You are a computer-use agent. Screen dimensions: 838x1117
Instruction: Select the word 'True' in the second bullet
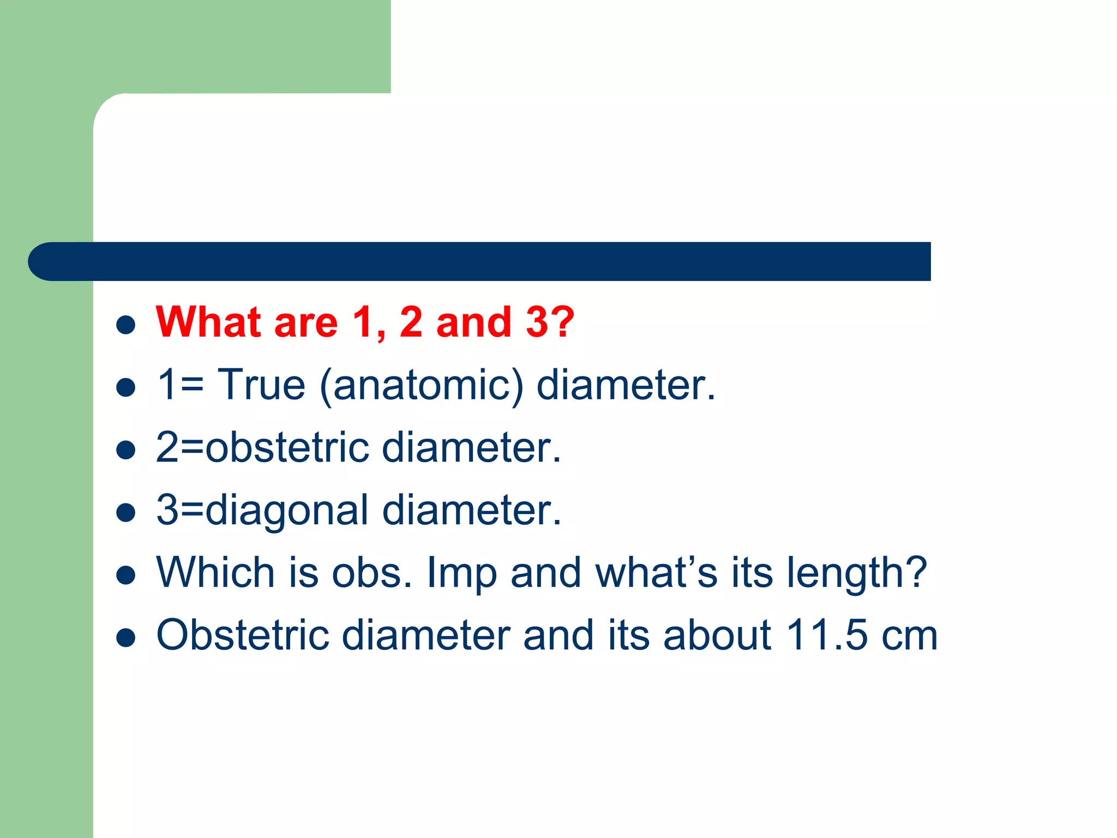261,385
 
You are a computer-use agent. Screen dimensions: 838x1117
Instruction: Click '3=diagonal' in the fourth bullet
262,511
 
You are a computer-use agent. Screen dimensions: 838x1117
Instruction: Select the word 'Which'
215,572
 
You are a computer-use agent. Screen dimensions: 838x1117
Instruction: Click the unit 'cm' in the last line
910,636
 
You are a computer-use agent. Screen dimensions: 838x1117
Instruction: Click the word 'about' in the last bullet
717,635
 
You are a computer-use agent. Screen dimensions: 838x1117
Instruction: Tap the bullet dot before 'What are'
126,325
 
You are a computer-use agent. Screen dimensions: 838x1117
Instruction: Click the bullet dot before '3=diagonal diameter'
126,513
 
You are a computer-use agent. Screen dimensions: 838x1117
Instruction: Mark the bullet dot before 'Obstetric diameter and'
126,638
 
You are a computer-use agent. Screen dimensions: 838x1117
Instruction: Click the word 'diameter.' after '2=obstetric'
471,447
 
